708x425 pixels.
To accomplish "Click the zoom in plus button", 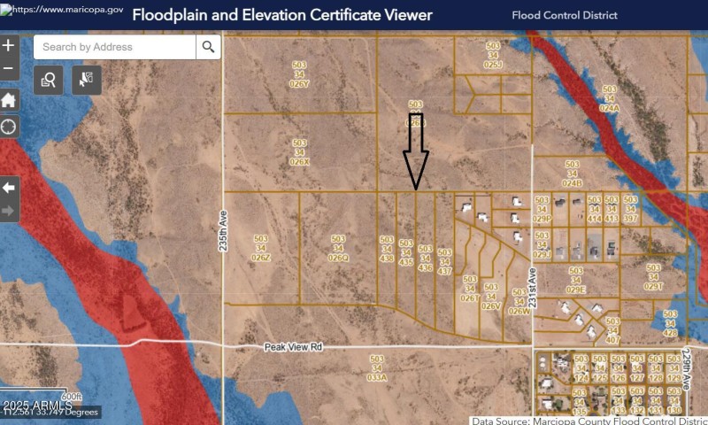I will [x=9, y=46].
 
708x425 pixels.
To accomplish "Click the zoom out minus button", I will [x=9, y=68].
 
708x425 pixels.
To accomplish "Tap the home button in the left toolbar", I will [x=9, y=99].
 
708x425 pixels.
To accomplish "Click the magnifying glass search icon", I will [x=208, y=47].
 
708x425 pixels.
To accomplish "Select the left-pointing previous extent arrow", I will [x=9, y=188].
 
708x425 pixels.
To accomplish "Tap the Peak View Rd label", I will [x=294, y=348].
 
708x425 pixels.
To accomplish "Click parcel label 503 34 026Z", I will [x=260, y=248].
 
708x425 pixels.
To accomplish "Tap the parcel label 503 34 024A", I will [x=609, y=98].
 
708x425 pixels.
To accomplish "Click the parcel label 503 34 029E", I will [x=576, y=280].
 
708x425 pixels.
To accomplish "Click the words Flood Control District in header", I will [x=565, y=15].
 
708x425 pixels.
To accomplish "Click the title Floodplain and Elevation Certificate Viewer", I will [x=282, y=15].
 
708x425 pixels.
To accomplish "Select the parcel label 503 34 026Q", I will [x=338, y=248].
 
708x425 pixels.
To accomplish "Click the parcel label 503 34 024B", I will [x=572, y=174].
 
